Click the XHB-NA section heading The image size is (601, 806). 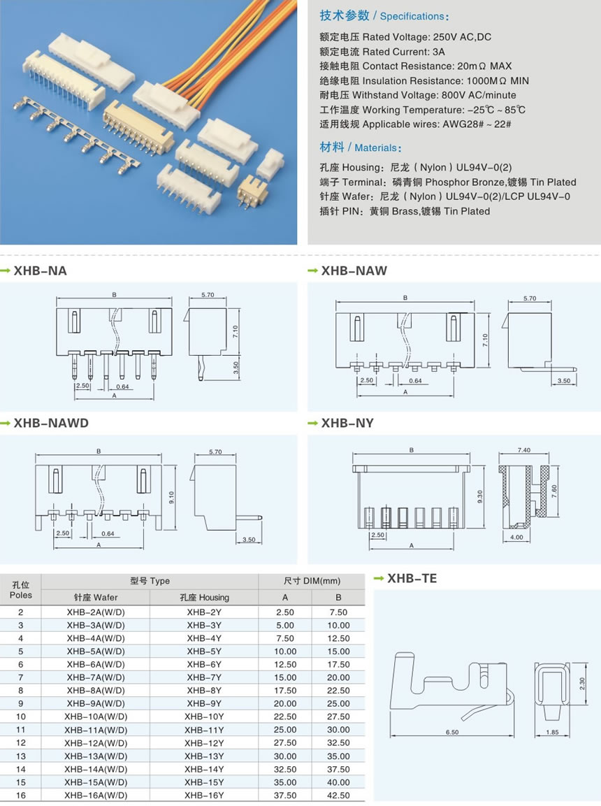click(x=41, y=271)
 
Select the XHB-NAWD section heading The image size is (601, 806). click(x=51, y=423)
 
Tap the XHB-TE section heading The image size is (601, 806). click(x=412, y=578)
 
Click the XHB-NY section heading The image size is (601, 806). click(x=347, y=423)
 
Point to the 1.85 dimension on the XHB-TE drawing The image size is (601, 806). click(x=551, y=732)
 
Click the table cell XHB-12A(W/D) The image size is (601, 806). click(x=96, y=742)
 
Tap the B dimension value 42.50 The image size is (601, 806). click(x=338, y=795)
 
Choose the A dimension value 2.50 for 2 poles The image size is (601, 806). click(x=285, y=612)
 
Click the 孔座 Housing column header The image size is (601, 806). click(x=204, y=597)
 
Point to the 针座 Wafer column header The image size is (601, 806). click(x=96, y=597)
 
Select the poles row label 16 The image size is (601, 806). click(x=21, y=795)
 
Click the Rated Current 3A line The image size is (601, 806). click(x=382, y=51)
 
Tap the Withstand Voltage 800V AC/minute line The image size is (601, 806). click(x=418, y=95)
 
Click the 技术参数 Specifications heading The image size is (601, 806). click(x=384, y=15)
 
